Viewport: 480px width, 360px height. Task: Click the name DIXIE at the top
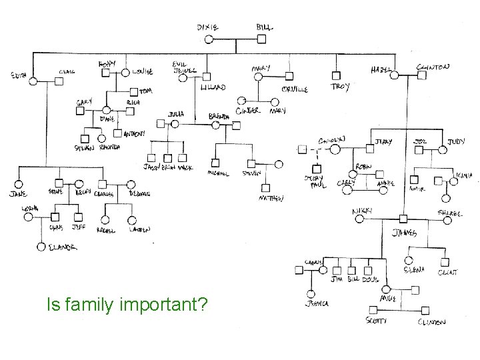(207, 27)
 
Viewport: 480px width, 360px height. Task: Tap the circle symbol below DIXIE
(209, 39)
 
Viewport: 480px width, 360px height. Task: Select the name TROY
(340, 87)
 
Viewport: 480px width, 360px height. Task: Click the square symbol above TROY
(337, 75)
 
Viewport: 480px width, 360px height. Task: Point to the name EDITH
(18, 76)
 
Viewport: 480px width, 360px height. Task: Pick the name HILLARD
(213, 87)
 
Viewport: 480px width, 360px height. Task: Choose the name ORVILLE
(293, 89)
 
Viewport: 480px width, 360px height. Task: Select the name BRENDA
(219, 116)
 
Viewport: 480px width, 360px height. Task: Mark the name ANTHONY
(133, 133)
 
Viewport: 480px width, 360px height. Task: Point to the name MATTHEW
(271, 198)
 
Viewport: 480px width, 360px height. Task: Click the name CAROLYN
(331, 141)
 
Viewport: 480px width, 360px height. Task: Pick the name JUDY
(456, 142)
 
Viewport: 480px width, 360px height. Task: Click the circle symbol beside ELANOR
(41, 247)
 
